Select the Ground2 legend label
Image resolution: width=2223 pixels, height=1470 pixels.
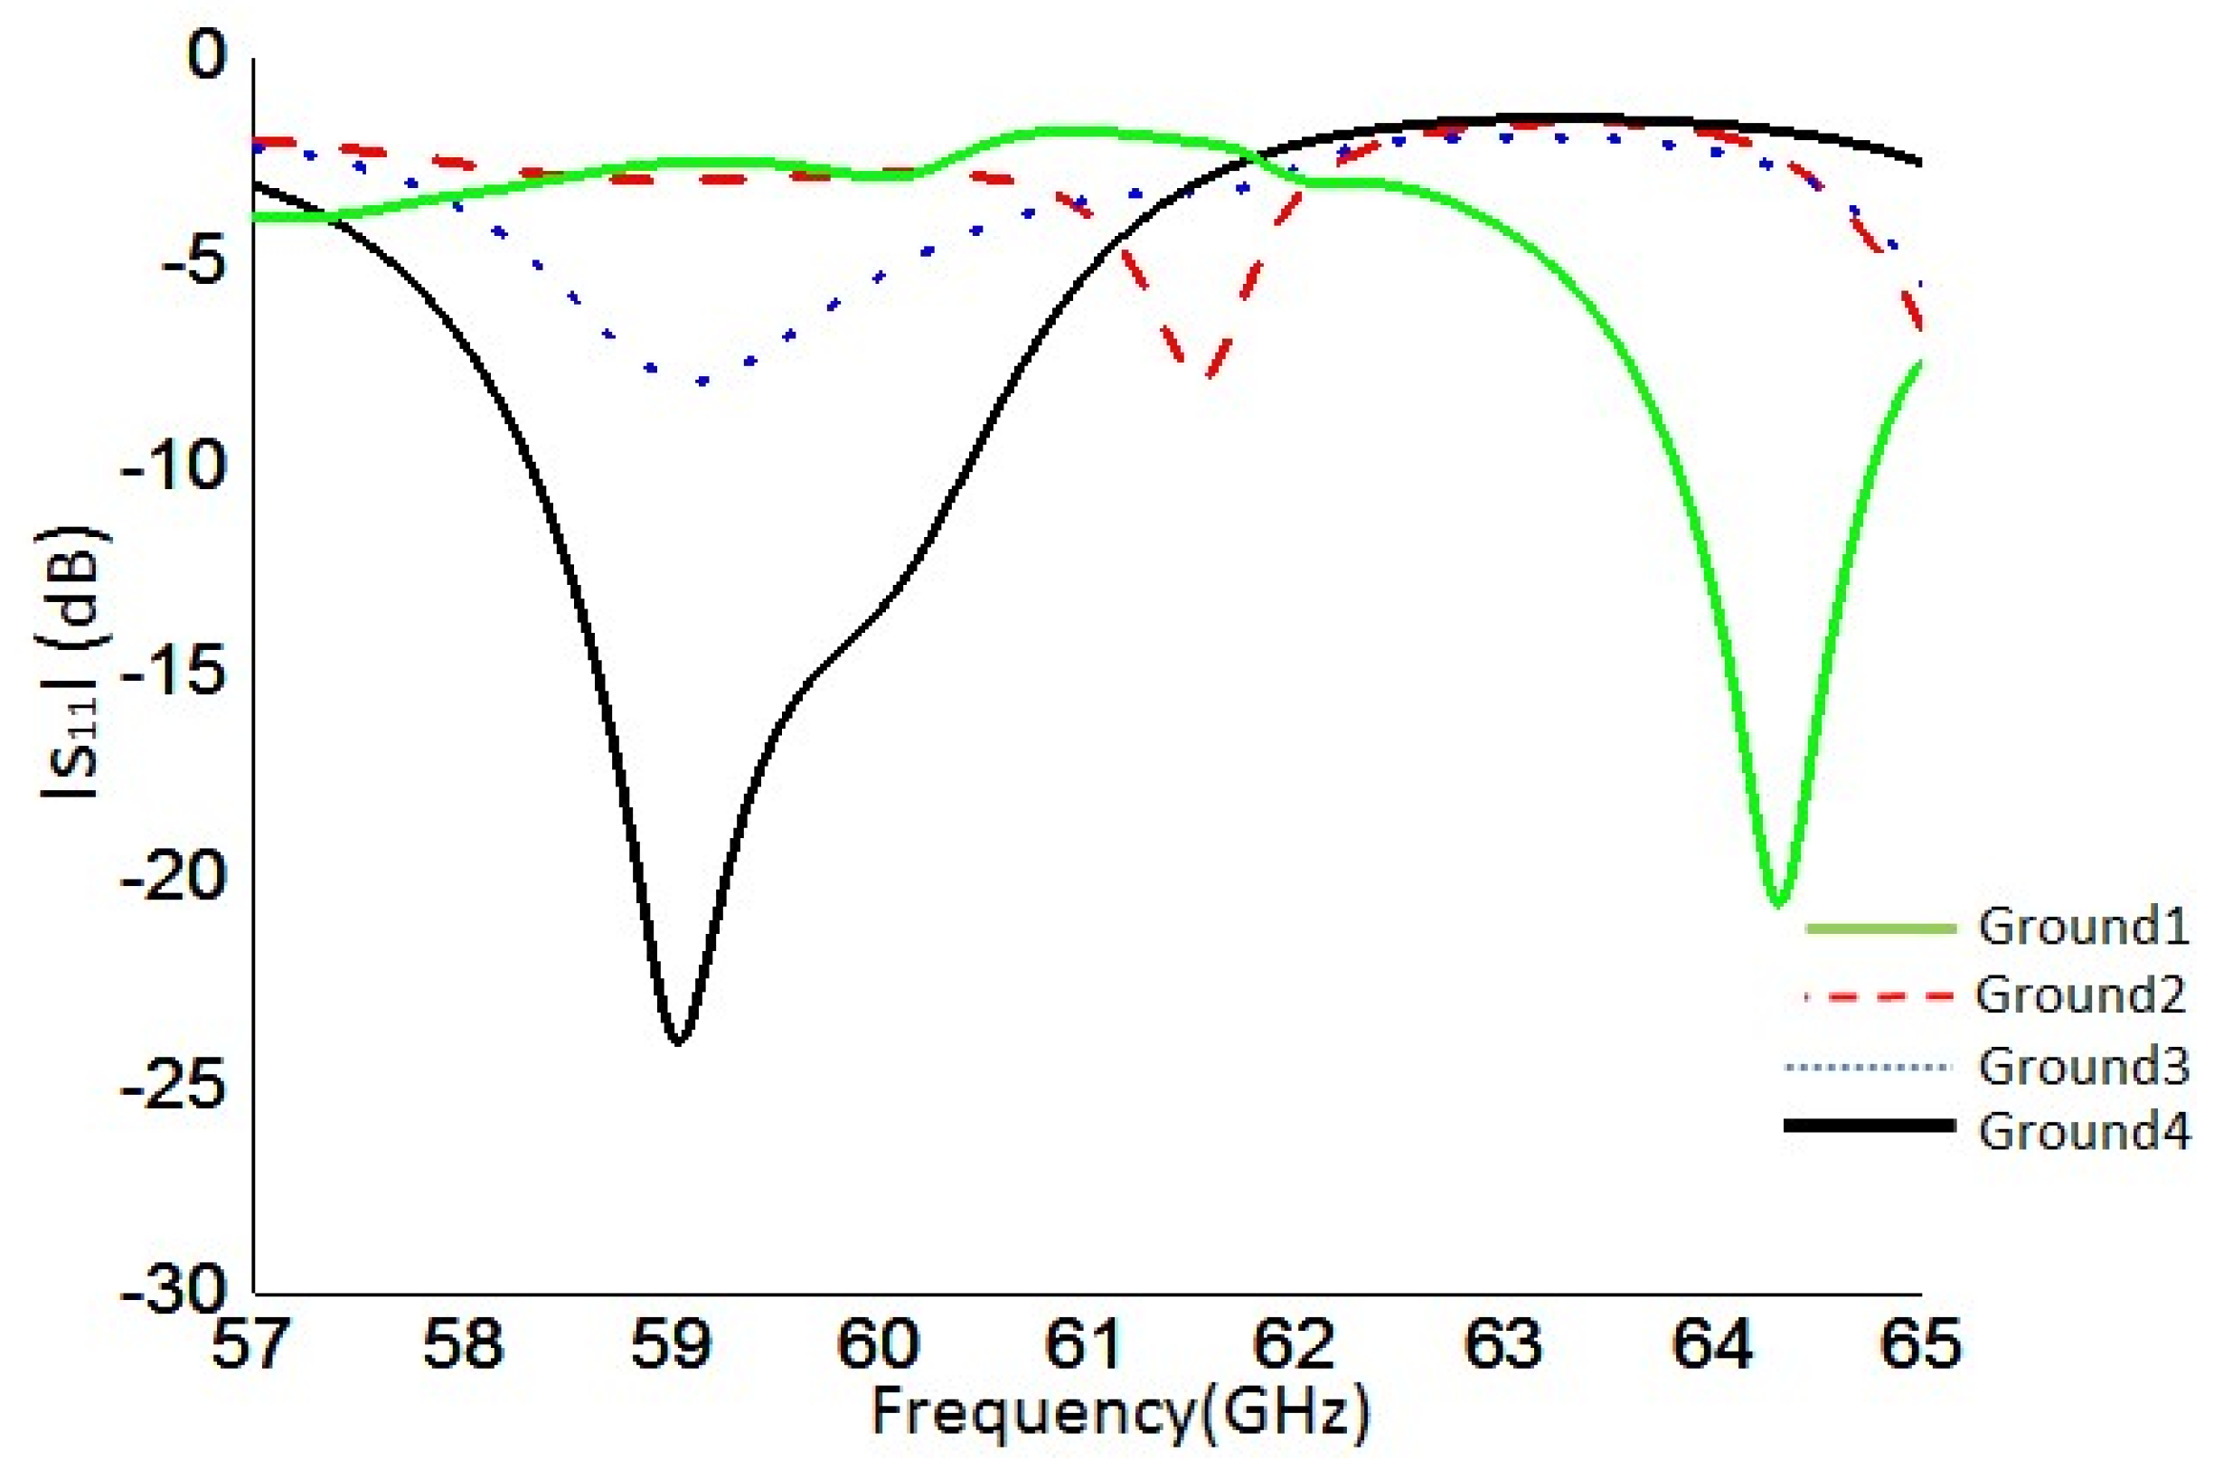click(x=2081, y=994)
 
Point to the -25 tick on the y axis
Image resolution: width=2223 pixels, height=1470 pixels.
click(x=174, y=1086)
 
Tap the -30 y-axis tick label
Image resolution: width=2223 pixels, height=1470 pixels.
click(x=174, y=1294)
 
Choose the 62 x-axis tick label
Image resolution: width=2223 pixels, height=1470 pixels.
click(x=1295, y=1343)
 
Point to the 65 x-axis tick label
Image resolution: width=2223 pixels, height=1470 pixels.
click(x=1919, y=1343)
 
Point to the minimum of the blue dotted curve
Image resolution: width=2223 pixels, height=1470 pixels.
click(x=701, y=382)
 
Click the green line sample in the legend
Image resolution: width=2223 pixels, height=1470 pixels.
click(x=1881, y=928)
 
